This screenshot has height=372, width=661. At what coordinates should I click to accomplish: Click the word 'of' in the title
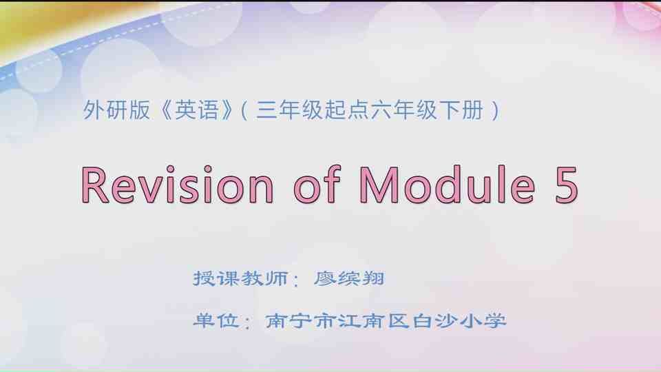pos(318,185)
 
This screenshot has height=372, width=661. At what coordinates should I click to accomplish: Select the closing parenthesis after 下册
pos(496,111)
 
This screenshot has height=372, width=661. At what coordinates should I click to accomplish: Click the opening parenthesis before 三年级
pos(245,111)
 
